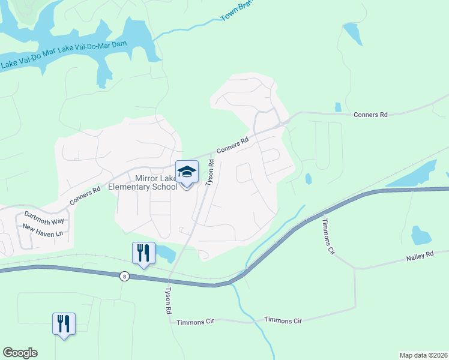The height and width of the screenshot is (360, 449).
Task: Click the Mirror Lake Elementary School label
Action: pos(143,182)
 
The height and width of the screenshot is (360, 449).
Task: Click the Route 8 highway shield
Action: pos(124,275)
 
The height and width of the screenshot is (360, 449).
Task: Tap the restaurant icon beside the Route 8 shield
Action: pos(143,253)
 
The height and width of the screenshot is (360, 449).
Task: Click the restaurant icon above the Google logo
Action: pos(63,324)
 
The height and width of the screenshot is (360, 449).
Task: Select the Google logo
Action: pos(20,353)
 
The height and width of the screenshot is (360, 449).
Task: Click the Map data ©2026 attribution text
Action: pos(423,355)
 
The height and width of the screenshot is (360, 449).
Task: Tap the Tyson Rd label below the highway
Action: pos(169,301)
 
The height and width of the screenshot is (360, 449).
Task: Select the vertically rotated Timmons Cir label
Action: pos(328,241)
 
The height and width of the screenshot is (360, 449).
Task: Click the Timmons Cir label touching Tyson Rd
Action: pos(195,322)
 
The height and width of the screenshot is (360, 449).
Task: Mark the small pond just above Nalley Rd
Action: pos(420,235)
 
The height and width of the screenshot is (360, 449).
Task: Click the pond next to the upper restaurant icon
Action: pos(166,254)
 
